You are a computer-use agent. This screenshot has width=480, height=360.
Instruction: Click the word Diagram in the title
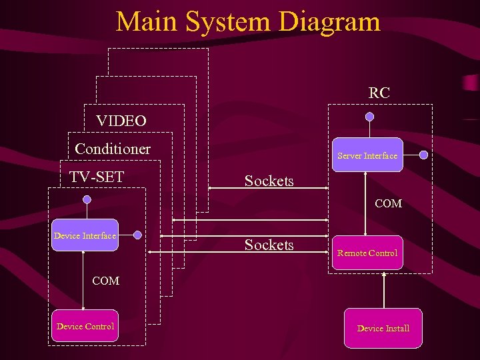point(329,21)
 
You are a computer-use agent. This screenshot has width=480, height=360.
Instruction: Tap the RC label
point(379,93)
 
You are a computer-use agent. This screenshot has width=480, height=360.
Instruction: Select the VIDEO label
point(121,121)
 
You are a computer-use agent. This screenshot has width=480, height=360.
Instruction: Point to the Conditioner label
point(113,149)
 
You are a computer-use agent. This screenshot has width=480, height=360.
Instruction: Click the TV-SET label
point(97,177)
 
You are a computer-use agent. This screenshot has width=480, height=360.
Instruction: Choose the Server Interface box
point(367,155)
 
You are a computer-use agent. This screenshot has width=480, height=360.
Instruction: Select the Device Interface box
point(85,235)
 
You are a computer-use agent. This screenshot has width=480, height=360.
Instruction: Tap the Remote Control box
point(367,253)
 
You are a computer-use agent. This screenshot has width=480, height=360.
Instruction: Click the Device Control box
point(85,326)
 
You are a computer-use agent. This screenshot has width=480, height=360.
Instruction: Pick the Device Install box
point(383,328)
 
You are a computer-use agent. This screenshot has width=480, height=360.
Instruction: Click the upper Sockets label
point(269,181)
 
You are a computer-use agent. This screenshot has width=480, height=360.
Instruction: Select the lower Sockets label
point(269,245)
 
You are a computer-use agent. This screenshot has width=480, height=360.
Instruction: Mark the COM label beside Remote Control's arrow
point(388,203)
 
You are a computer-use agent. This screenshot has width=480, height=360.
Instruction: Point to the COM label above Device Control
point(105,281)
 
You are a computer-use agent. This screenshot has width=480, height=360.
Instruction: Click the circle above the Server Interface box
point(369,117)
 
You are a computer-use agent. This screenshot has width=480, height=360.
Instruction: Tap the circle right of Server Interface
point(424,155)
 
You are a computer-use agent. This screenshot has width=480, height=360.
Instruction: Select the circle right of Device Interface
point(137,235)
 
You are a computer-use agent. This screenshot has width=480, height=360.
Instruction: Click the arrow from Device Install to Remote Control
point(384,289)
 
